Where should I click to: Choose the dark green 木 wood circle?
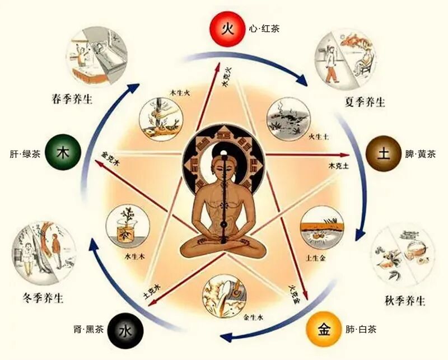(x=63, y=153)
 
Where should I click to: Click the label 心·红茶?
(x=264, y=26)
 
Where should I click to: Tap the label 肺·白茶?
(x=361, y=329)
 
